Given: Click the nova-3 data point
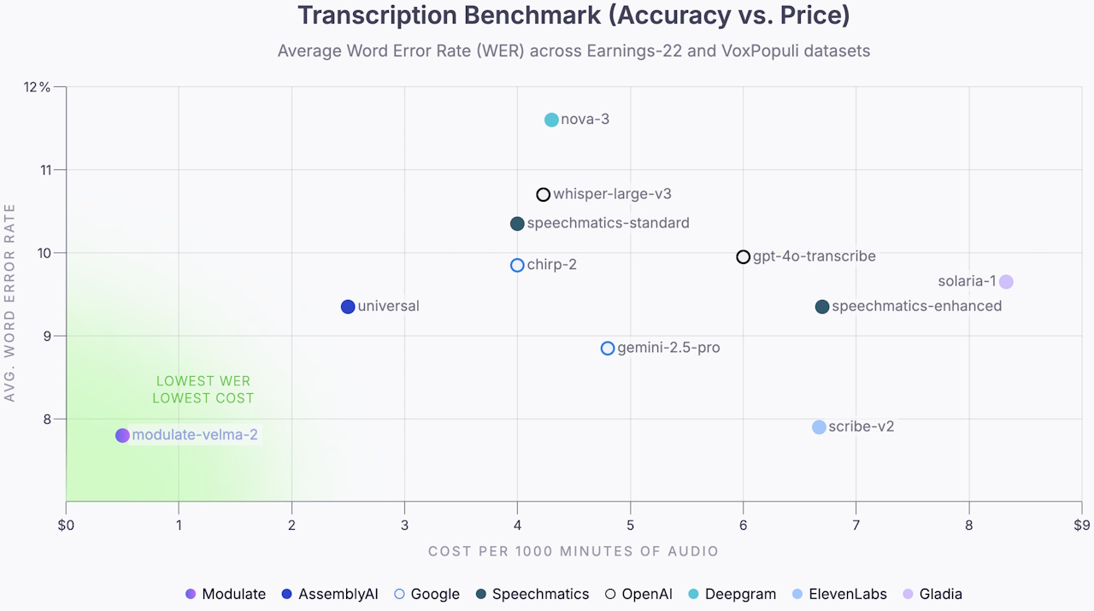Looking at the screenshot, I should tap(551, 120).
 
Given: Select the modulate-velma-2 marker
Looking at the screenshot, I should tap(122, 435).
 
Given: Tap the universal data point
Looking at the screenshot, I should tap(348, 307).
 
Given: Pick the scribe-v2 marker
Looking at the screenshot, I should tap(819, 426).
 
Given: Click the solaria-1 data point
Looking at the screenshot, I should tap(1006, 282).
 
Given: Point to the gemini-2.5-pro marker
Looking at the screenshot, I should tap(608, 348).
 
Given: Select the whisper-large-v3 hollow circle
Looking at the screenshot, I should tap(543, 195).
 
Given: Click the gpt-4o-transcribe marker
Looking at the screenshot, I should tap(744, 257).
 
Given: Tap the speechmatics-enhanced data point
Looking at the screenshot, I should tap(822, 307).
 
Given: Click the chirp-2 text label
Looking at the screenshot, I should tap(551, 265).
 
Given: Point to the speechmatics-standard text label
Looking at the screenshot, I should tap(608, 224).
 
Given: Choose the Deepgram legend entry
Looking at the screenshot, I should tap(732, 594).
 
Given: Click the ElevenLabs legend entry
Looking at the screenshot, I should tap(839, 594).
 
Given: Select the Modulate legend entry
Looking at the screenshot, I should tap(226, 594).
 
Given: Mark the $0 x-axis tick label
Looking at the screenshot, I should tap(66, 525).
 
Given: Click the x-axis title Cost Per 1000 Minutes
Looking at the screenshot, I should tap(573, 551).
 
